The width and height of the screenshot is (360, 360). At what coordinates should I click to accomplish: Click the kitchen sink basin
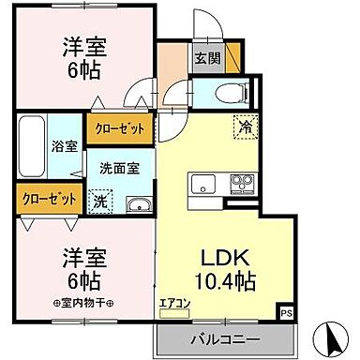coord(203,183)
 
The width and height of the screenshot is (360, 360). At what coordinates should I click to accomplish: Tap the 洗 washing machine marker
coord(100,200)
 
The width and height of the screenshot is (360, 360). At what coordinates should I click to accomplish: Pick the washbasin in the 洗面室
coord(137,205)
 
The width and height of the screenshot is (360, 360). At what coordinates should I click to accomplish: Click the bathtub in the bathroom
coord(31,148)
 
